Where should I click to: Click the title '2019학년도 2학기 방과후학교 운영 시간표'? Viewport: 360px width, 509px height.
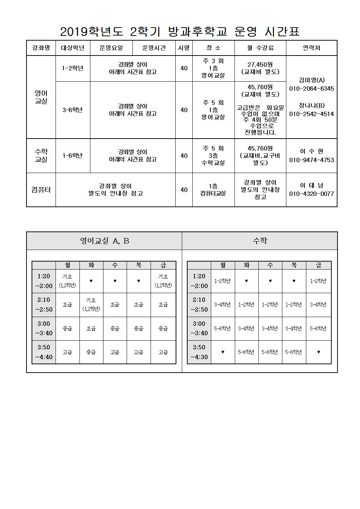click(x=180, y=32)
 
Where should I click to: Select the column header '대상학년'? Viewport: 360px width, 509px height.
click(x=73, y=48)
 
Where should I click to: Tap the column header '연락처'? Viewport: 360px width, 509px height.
click(x=311, y=48)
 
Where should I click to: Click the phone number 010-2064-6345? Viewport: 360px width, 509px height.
click(x=311, y=89)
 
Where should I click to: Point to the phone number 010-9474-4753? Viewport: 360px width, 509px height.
click(x=311, y=160)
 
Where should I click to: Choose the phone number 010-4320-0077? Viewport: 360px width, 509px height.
click(x=311, y=194)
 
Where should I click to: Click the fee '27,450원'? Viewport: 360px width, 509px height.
click(x=260, y=64)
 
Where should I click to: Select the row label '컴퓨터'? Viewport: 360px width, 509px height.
click(x=41, y=190)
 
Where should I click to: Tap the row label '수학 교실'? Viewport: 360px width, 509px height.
click(x=41, y=155)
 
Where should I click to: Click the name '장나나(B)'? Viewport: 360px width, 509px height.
click(x=311, y=106)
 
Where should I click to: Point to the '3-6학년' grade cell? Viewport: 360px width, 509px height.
click(x=73, y=110)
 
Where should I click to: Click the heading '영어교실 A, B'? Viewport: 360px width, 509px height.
click(x=105, y=241)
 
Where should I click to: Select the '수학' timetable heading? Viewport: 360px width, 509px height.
click(x=260, y=241)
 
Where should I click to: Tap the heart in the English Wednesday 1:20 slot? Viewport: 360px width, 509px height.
click(x=115, y=281)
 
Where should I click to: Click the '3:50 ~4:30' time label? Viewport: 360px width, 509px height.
click(x=199, y=352)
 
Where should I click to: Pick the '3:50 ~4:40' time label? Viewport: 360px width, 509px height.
click(x=44, y=352)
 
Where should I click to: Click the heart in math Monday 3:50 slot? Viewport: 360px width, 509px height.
click(x=223, y=352)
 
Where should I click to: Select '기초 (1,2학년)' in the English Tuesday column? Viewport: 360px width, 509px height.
click(x=91, y=304)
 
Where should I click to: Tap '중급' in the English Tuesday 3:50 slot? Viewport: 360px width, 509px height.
click(x=91, y=352)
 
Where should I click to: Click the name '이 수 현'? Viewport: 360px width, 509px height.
click(x=311, y=151)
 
